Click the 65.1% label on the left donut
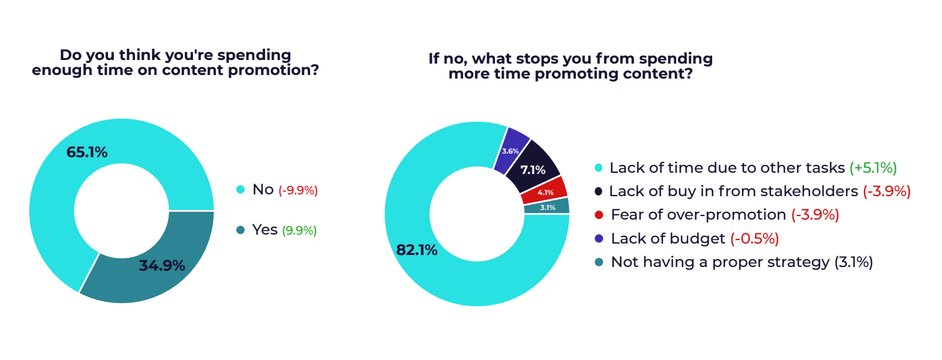point(86,152)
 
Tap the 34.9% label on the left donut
point(162,265)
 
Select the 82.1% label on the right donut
point(417,250)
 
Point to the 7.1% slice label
point(533,170)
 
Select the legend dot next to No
point(241,190)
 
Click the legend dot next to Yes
point(241,230)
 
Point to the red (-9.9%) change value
point(298,191)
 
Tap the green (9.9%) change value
point(299,230)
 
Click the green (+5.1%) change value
point(874,168)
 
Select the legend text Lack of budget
point(668,238)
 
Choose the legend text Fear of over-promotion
point(698,214)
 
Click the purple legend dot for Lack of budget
point(599,238)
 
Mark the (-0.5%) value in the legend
point(755,239)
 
